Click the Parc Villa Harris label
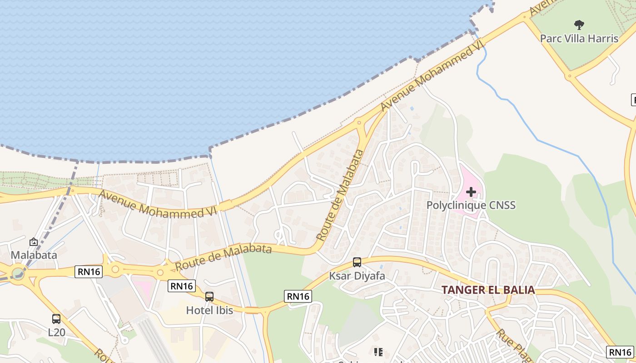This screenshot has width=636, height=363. tap(579, 38)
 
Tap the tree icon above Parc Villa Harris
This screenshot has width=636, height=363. tap(579, 25)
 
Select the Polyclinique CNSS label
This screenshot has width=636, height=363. tap(471, 205)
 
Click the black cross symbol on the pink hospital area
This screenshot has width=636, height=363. tap(471, 192)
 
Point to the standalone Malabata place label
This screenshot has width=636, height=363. tap(34, 255)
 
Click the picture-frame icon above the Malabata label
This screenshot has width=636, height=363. tap(34, 242)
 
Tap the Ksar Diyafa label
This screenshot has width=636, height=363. tap(357, 276)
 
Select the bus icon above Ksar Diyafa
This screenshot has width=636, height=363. tap(357, 262)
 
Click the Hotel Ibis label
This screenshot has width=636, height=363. tap(209, 310)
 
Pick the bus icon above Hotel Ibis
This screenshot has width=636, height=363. tap(209, 297)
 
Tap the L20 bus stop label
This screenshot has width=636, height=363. tap(57, 333)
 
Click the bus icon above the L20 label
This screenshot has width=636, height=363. tap(56, 319)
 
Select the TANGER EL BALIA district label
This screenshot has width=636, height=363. tap(488, 290)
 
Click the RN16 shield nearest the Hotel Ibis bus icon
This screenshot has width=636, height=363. tap(182, 286)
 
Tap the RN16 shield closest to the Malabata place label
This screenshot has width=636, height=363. tap(89, 272)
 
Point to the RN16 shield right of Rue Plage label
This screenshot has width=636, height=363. tap(620, 352)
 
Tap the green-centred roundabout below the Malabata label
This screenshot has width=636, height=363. tap(18, 274)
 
